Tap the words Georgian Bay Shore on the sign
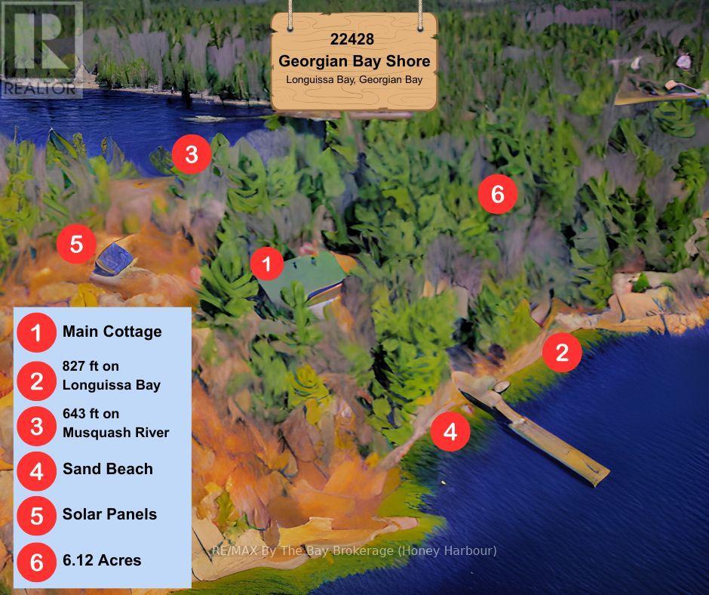coord(354,60)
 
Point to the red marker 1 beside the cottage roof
coord(266,264)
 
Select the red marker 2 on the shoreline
coord(562,353)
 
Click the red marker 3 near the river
coord(191,155)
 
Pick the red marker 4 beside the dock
coord(450,432)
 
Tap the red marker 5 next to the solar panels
coord(76,245)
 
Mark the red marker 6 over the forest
coord(497,194)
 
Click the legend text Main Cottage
coord(112,331)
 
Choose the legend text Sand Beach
coord(107,469)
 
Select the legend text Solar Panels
coord(109,514)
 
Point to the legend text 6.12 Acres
coord(102,560)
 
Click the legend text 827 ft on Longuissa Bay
coord(111,376)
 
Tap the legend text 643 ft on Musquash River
coord(115,423)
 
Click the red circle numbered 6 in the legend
coord(36,562)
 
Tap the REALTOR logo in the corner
coord(41,50)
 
